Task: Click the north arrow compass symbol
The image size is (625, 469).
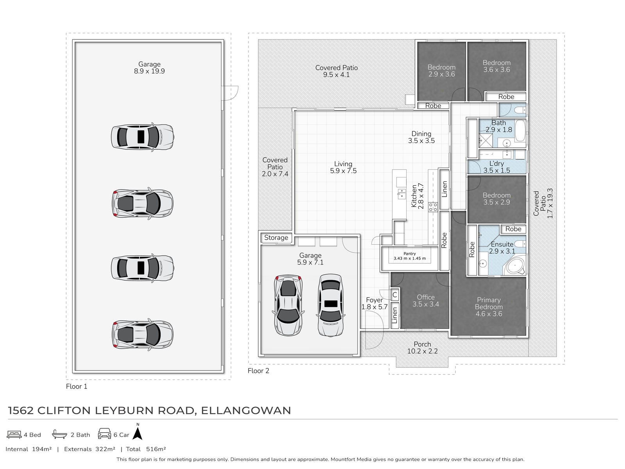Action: point(138,433)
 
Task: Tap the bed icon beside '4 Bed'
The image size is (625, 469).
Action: point(14,435)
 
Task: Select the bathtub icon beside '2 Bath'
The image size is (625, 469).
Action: point(59,434)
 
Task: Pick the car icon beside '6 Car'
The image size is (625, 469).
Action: point(105,434)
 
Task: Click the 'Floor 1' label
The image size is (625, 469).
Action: point(77,387)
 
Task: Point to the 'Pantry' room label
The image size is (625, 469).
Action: point(409,253)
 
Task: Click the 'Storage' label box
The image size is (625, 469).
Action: point(276,238)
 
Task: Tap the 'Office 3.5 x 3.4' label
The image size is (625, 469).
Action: point(426,301)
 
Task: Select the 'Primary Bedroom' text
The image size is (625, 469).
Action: point(489,303)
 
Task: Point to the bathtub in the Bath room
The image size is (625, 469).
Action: point(520,131)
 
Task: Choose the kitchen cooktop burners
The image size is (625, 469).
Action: point(433,207)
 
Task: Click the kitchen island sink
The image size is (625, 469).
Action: point(401,193)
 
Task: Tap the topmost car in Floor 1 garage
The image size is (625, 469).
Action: point(142,137)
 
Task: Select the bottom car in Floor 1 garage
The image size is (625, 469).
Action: point(142,334)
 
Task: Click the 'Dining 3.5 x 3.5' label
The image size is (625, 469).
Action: point(421,137)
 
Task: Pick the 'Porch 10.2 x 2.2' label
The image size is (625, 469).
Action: point(422,348)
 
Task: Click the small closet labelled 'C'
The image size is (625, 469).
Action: point(395,295)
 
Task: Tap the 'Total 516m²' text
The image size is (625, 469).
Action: point(146,449)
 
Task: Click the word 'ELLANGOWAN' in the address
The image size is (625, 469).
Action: point(246,410)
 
